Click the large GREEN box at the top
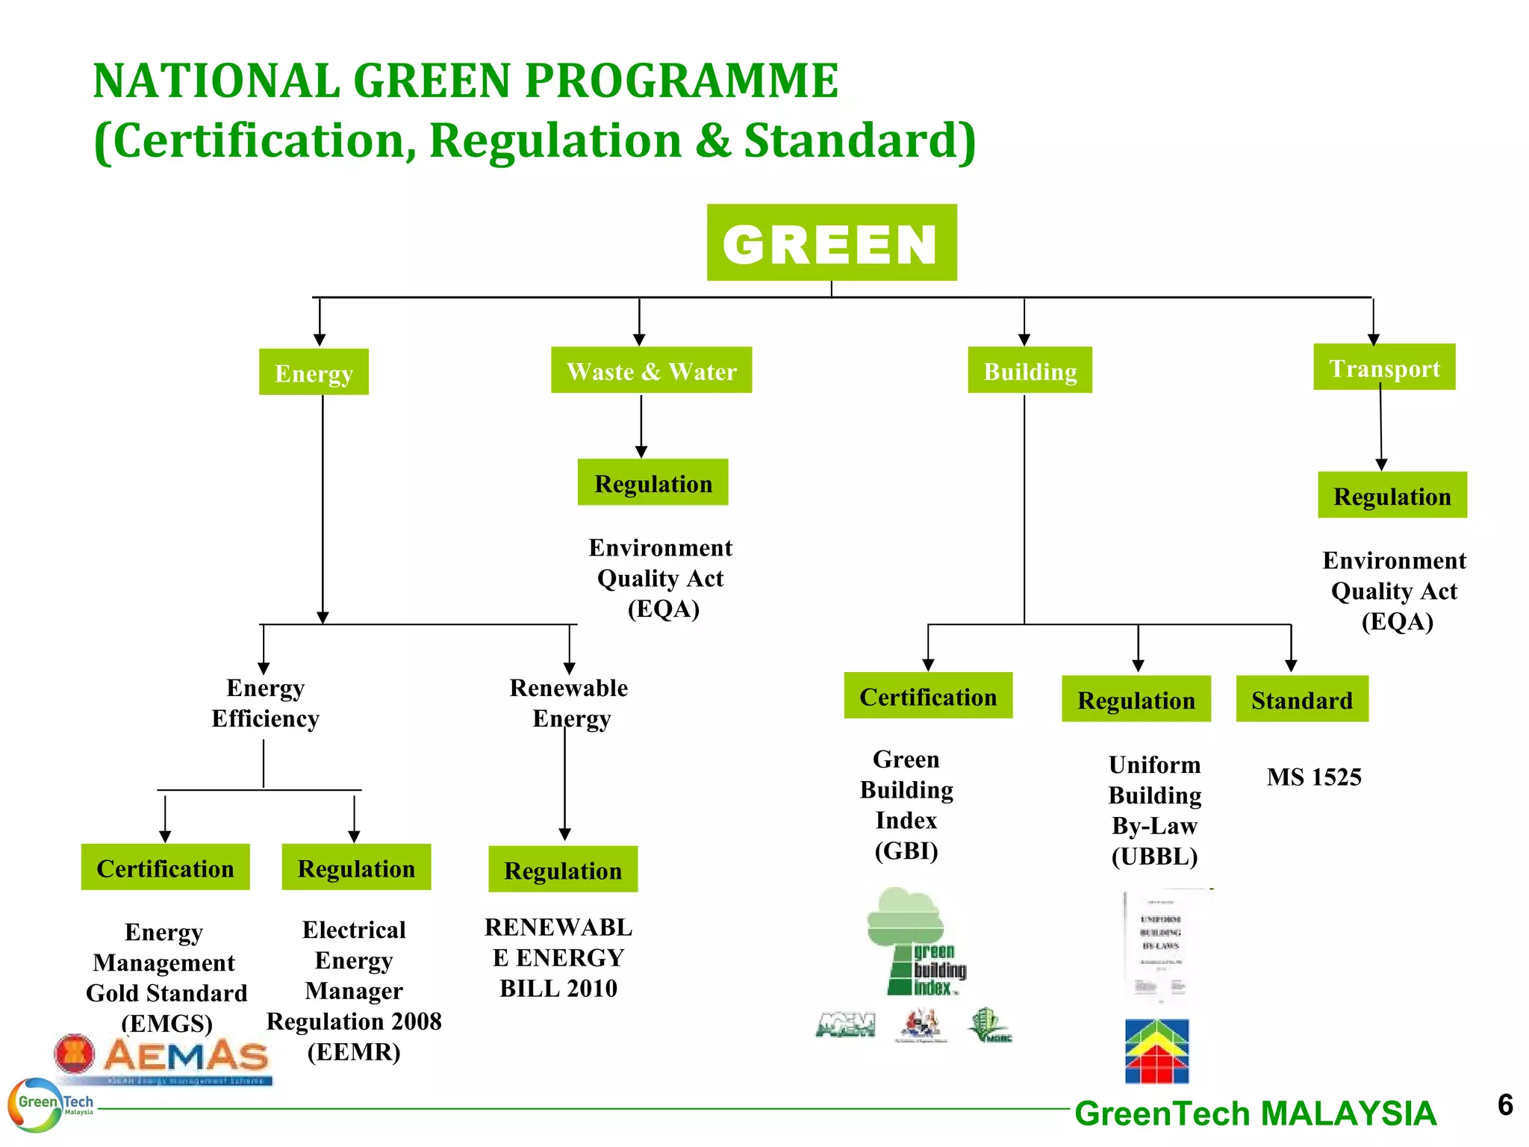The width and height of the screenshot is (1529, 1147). tap(831, 243)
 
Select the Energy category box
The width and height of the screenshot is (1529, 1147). tap(314, 372)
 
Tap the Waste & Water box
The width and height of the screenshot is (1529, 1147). tap(651, 370)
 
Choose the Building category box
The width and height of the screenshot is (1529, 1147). tap(1030, 370)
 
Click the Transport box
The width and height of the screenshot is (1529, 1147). tap(1384, 367)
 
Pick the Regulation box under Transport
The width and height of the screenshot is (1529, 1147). tap(1392, 495)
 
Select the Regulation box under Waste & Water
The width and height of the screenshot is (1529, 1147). tap(653, 482)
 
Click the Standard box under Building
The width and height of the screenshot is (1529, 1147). tap(1301, 699)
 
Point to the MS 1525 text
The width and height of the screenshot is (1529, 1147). tap(1313, 777)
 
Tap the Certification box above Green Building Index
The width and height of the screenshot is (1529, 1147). tap(927, 696)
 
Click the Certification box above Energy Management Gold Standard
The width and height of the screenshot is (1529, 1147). tap(165, 868)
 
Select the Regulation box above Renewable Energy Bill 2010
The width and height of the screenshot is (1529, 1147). tap(563, 869)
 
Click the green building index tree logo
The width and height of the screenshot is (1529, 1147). tap(915, 942)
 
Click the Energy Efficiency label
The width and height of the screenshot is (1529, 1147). tap(265, 703)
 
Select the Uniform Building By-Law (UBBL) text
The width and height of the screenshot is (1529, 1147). tap(1154, 810)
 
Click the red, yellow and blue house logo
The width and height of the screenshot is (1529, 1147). tap(1156, 1051)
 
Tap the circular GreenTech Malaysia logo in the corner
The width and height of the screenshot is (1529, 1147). tap(36, 1104)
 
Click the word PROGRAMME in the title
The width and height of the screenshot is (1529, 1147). tap(682, 81)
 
